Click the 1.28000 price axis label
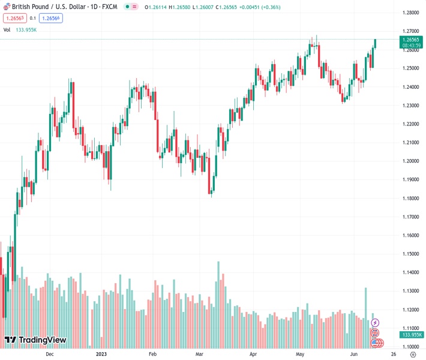410,12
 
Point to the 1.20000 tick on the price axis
410,161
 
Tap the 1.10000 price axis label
410,347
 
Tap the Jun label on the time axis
353,354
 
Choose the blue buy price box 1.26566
51,18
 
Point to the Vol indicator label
7,29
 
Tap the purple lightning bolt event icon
376,323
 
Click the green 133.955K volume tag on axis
412,335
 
